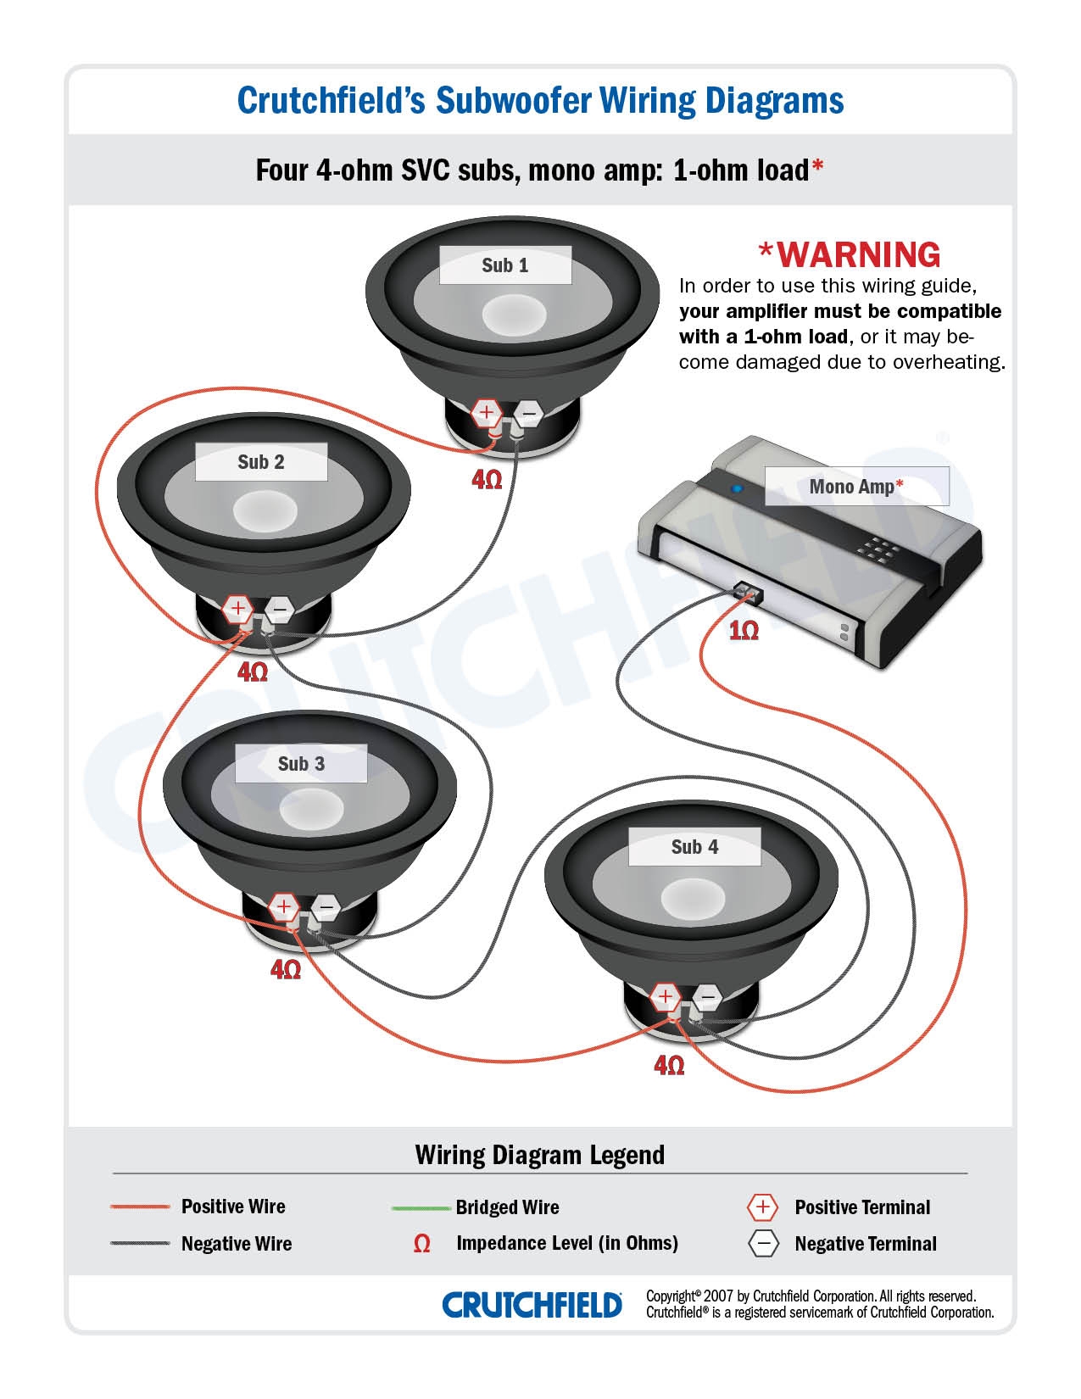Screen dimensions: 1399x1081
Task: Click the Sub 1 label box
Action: [504, 265]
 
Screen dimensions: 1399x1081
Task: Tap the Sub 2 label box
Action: [261, 462]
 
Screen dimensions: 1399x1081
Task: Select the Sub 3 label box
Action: [301, 764]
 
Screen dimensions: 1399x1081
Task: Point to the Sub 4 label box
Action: [694, 847]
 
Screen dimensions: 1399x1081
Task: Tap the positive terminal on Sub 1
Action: [487, 413]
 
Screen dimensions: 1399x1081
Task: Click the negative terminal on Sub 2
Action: [280, 609]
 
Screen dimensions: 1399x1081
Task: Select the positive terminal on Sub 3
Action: [284, 907]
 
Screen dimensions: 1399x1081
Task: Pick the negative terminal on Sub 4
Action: [707, 997]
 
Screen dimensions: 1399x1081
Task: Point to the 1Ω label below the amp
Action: [744, 631]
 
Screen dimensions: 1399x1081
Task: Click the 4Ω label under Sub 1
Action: [487, 480]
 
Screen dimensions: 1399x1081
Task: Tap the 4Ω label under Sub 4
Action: [669, 1065]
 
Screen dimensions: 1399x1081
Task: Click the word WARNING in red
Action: [858, 254]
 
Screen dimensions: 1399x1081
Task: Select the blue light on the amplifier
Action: [737, 488]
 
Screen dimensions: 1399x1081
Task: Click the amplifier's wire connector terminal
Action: [746, 590]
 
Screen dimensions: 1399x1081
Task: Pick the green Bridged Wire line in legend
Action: [421, 1207]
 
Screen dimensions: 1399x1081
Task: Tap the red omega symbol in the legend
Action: [421, 1244]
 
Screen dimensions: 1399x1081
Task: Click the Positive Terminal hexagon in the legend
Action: [762, 1207]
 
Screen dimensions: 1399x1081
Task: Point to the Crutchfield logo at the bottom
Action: [532, 1305]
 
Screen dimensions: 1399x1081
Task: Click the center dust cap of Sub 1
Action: [515, 314]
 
